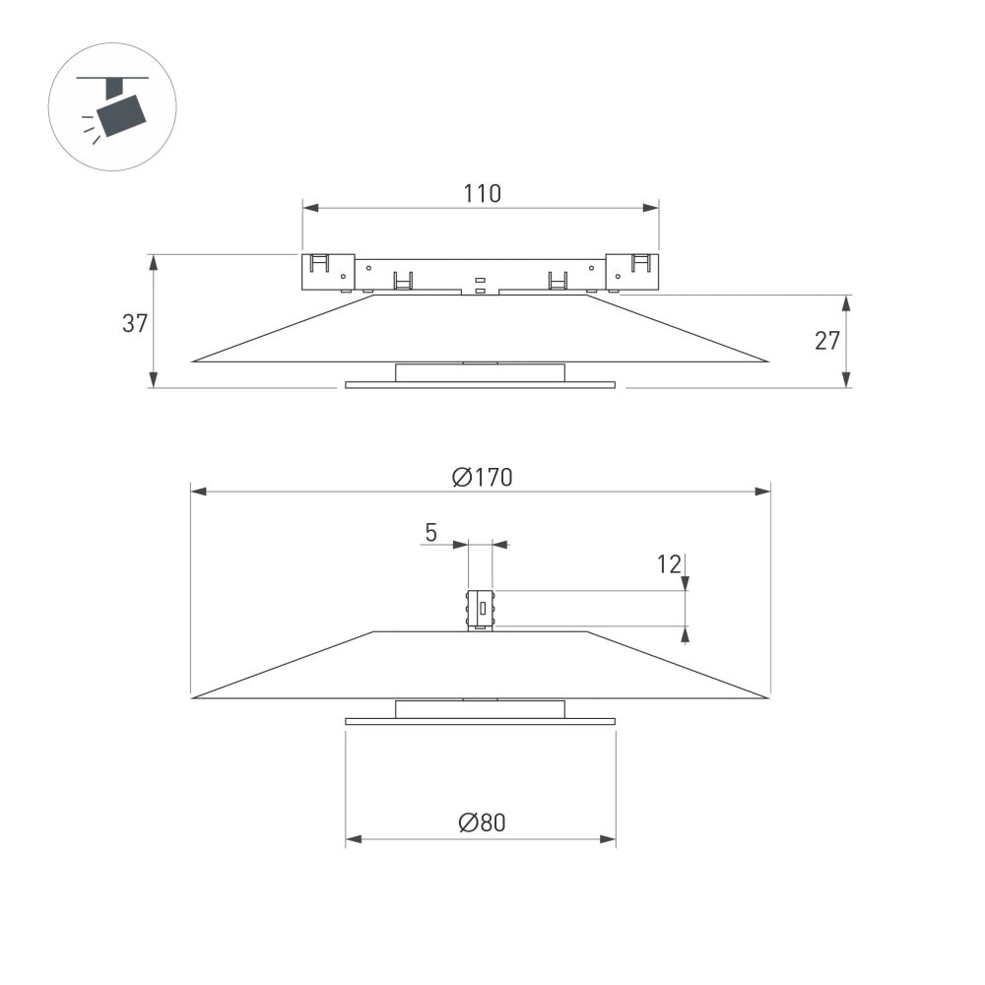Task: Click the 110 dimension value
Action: tap(482, 193)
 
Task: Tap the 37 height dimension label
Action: tap(135, 323)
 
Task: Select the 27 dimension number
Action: tap(827, 341)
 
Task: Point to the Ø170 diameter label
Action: tap(482, 478)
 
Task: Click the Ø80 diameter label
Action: tap(482, 822)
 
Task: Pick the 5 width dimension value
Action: tap(430, 533)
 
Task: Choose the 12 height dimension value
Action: tap(669, 564)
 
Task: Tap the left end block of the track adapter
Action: tap(327, 272)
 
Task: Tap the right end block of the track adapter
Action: tap(632, 272)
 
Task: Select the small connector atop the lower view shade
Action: tap(480, 610)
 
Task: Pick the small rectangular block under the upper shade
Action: tap(480, 372)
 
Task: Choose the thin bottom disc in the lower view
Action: tap(480, 721)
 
